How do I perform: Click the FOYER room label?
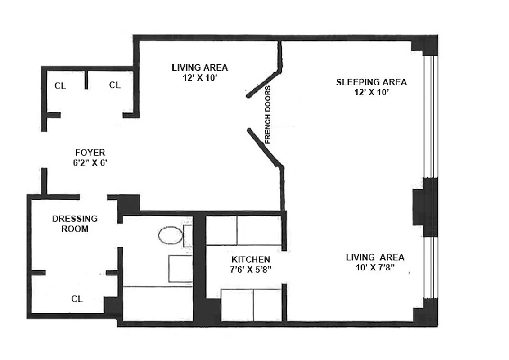pyautogui.click(x=90, y=153)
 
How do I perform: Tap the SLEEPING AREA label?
pyautogui.click(x=371, y=82)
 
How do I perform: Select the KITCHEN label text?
pyautogui.click(x=251, y=260)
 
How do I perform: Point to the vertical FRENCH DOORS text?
pyautogui.click(x=268, y=114)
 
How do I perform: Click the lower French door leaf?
pyautogui.click(x=265, y=147)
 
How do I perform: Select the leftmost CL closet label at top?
pyautogui.click(x=60, y=85)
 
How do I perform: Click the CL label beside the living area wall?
pyautogui.click(x=115, y=85)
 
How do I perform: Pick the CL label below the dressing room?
pyautogui.click(x=77, y=298)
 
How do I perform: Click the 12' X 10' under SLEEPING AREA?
pyautogui.click(x=371, y=93)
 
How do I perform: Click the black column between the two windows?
pyautogui.click(x=426, y=207)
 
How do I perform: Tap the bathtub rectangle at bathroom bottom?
pyautogui.click(x=158, y=304)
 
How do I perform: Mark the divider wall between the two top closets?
pyautogui.click(x=85, y=80)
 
